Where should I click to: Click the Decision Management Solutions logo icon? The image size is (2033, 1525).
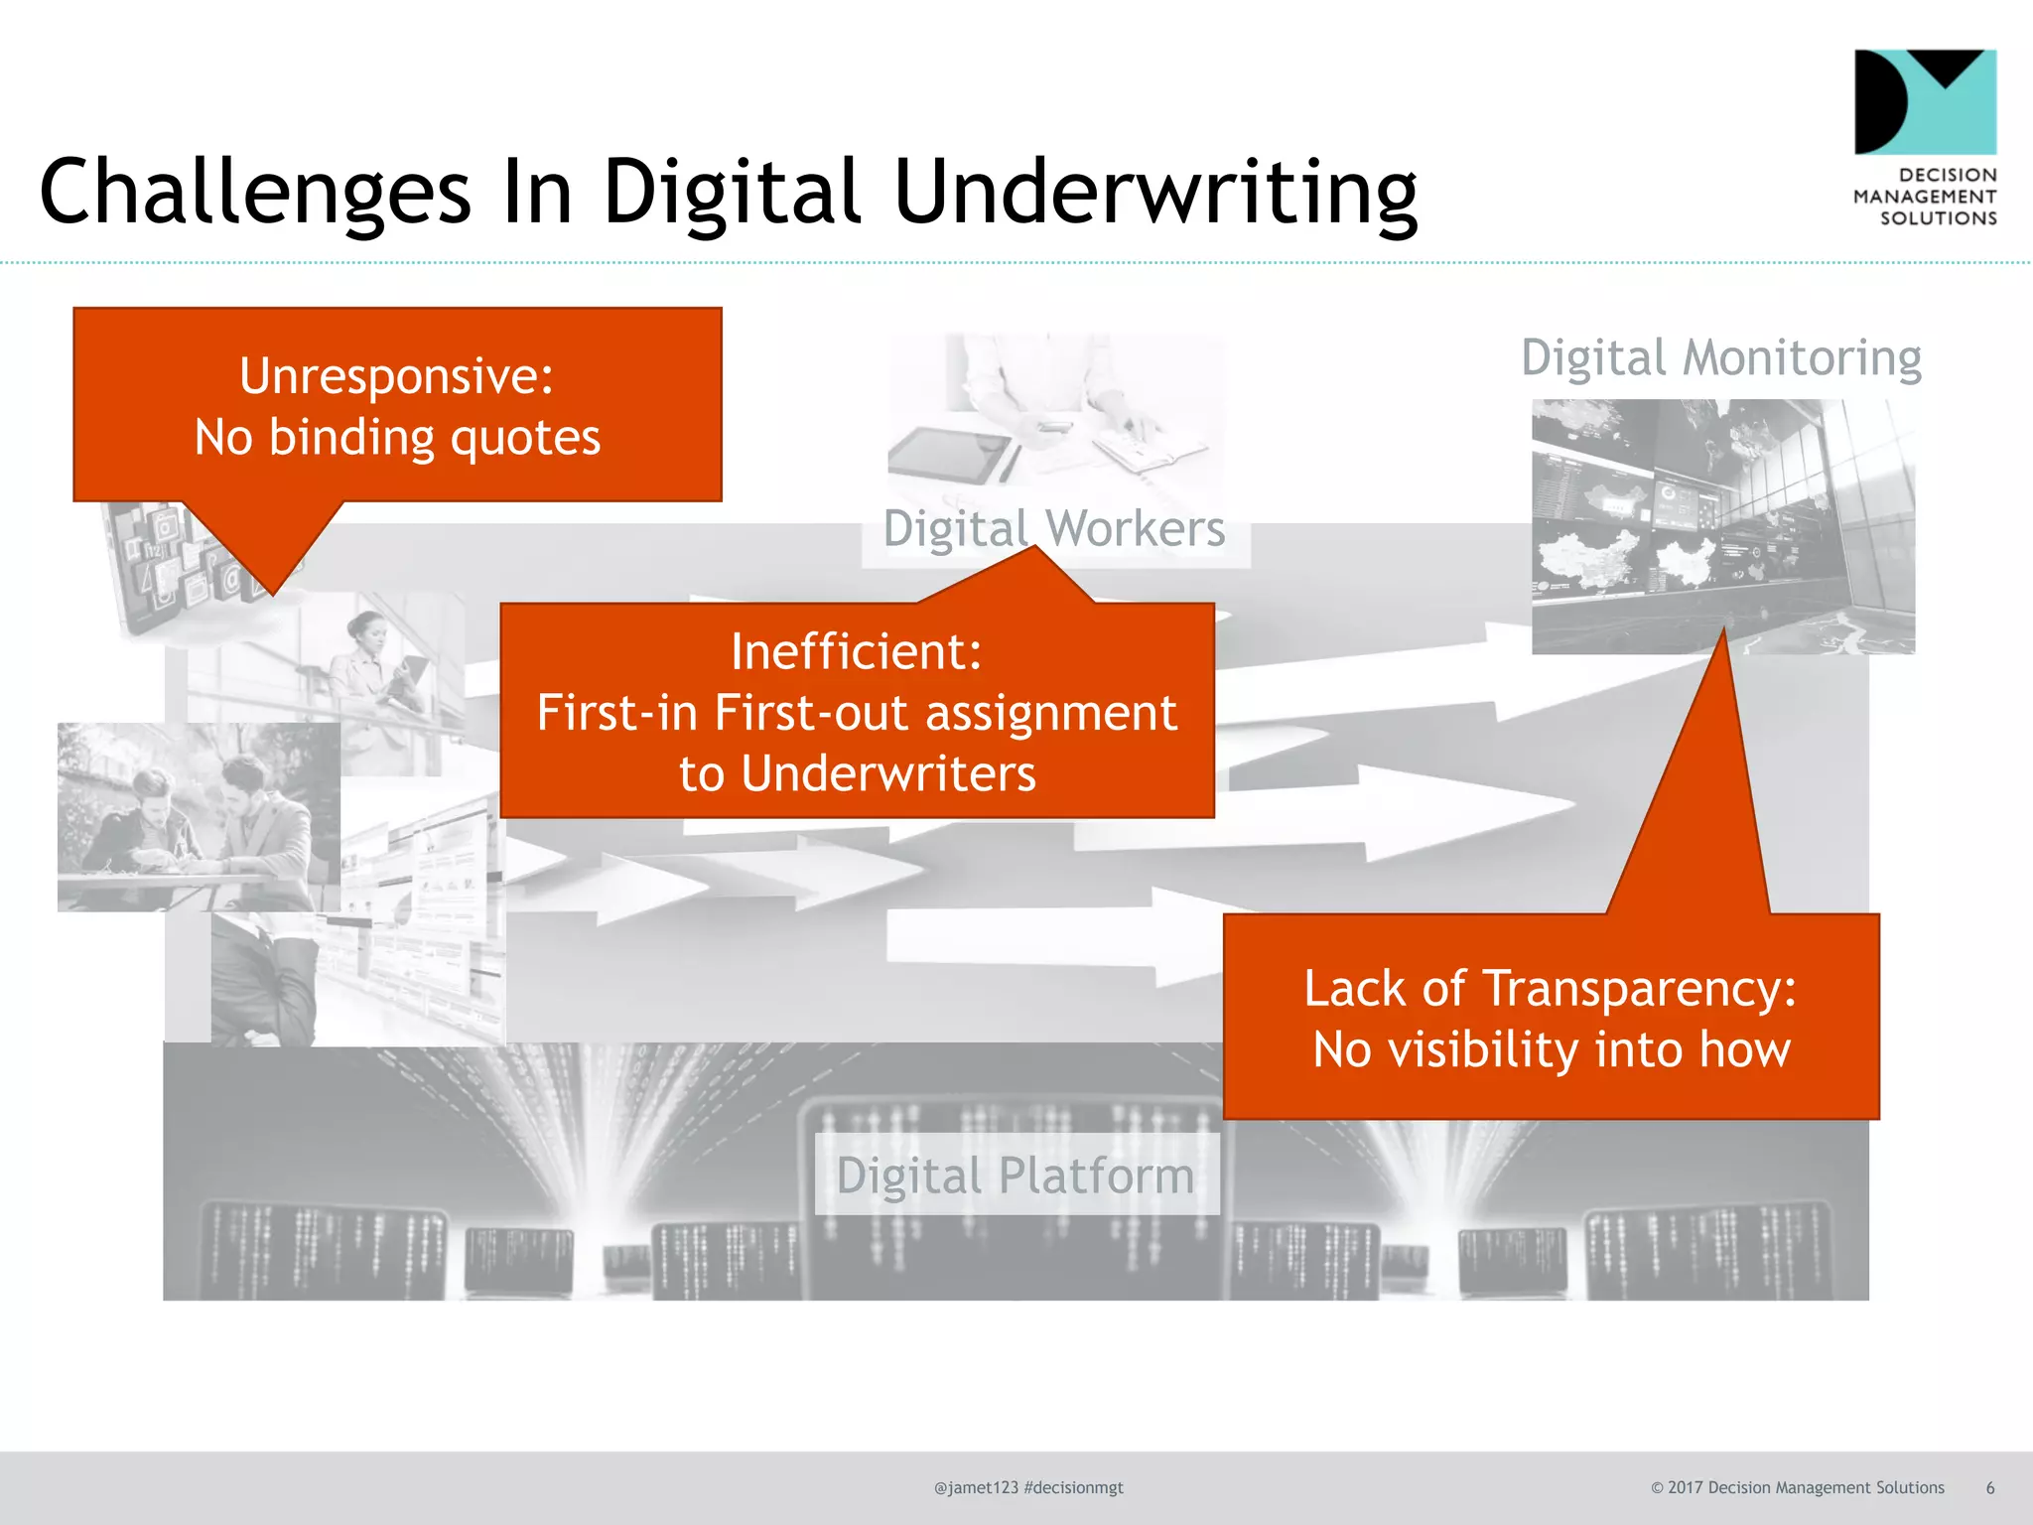(1925, 101)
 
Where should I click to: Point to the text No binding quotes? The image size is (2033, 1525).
(397, 438)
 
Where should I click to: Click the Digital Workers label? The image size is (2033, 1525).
(1054, 528)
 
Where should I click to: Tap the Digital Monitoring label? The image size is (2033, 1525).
(1721, 357)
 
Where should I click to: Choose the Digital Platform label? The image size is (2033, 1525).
(1016, 1176)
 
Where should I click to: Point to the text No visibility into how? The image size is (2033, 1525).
(1552, 1050)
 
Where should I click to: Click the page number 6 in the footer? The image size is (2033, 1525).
(1989, 1487)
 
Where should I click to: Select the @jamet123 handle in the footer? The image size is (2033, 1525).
(976, 1487)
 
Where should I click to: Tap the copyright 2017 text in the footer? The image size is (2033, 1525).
(1797, 1487)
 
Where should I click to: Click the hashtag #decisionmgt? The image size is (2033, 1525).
(1074, 1487)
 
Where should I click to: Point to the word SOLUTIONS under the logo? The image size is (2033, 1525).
(1938, 218)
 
